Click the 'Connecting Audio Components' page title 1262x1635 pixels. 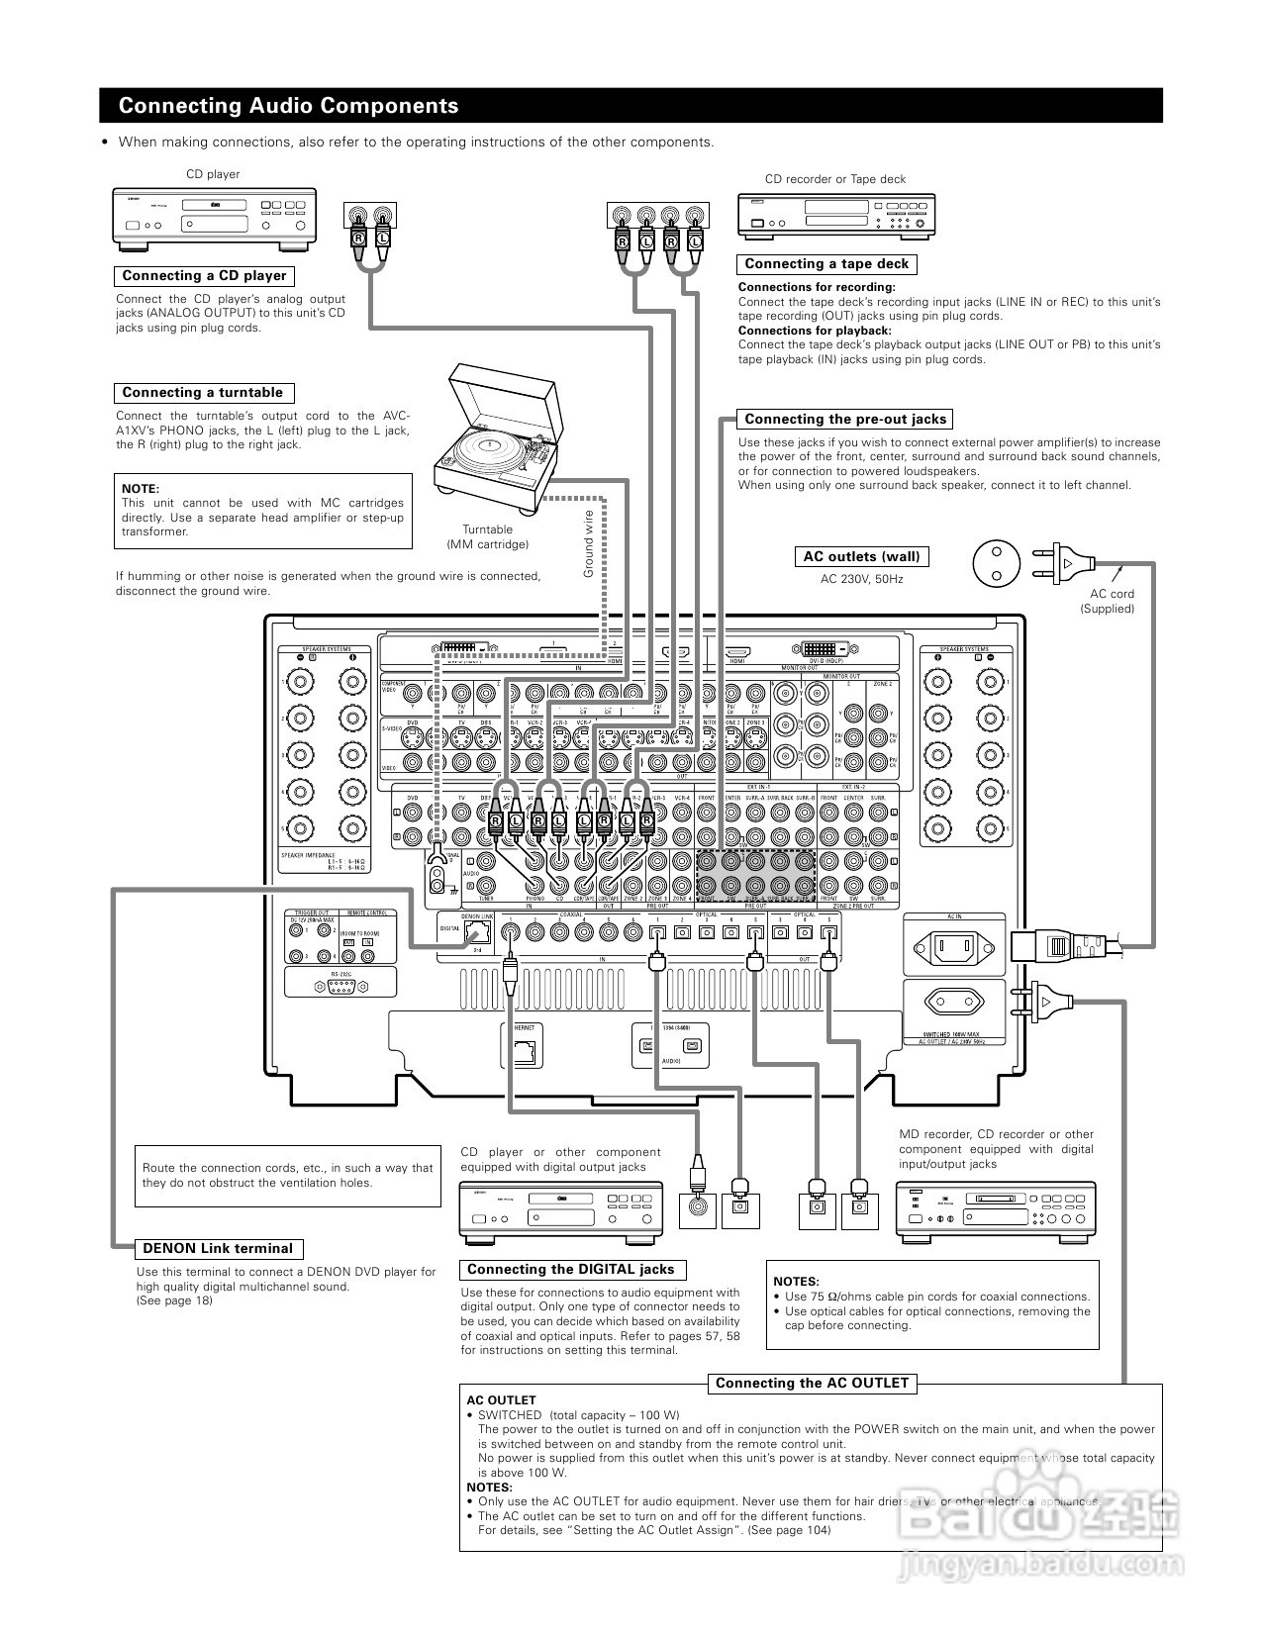tap(288, 106)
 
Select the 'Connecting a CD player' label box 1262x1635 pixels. tap(204, 276)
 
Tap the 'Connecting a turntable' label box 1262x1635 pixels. tap(202, 393)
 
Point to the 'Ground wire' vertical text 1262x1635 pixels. tap(588, 543)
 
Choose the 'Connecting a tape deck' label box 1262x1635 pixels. tap(825, 264)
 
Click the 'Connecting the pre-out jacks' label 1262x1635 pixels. tap(844, 419)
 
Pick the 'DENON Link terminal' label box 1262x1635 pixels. tap(218, 1248)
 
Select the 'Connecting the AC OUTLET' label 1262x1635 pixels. tap(812, 1383)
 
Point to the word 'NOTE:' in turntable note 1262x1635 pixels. tap(141, 489)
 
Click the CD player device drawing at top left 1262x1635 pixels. tap(214, 218)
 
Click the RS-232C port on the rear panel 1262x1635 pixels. tap(340, 987)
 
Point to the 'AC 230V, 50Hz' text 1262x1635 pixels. tap(861, 579)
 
